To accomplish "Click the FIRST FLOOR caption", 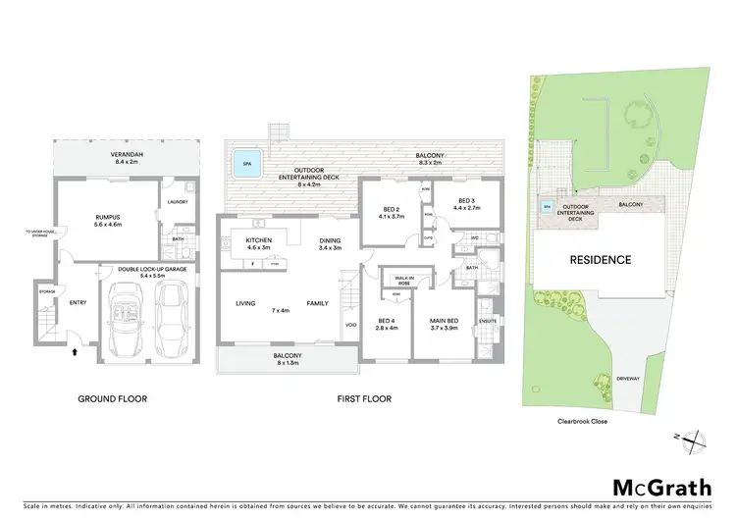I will (363, 399).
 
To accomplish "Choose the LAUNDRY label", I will (177, 202).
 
